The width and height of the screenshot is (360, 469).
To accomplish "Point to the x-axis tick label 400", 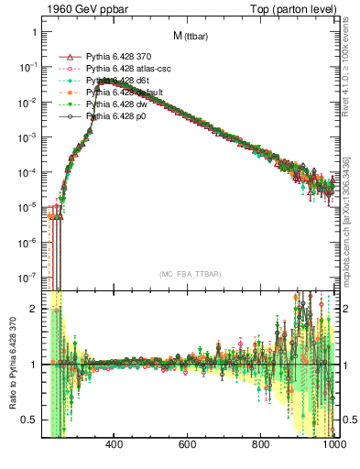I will pos(115,446).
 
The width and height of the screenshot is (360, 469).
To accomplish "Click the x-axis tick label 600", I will pos(188,446).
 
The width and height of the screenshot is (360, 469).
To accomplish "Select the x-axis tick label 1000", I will pos(333,446).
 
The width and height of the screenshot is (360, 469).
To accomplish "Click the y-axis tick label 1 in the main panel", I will pos(34,32).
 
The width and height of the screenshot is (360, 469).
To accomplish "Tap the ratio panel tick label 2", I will pos(34,309).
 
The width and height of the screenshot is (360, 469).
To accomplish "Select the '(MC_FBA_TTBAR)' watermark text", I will pos(190,274).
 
